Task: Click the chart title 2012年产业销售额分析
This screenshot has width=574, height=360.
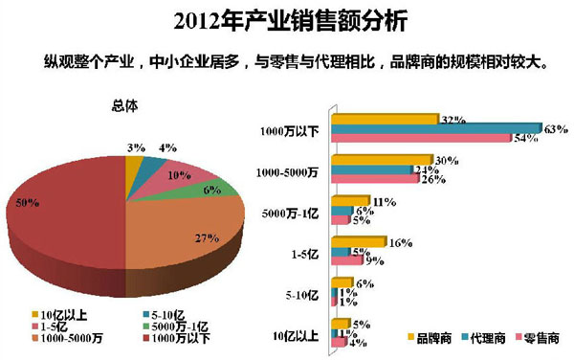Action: point(287,18)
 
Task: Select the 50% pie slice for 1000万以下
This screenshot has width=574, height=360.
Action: point(67,206)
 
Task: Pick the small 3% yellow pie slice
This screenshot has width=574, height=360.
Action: point(133,168)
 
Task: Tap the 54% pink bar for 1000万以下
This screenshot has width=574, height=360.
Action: point(422,139)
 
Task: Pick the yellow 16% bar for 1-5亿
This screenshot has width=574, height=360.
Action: point(360,244)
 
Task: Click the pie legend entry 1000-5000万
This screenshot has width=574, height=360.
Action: point(68,336)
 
